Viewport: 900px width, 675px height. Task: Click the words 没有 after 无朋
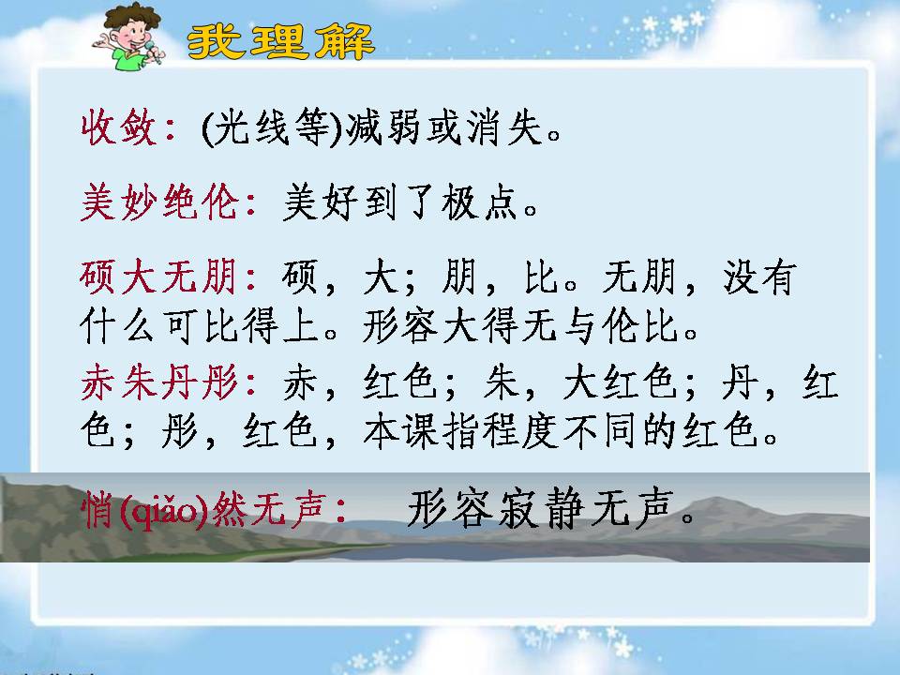758,279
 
